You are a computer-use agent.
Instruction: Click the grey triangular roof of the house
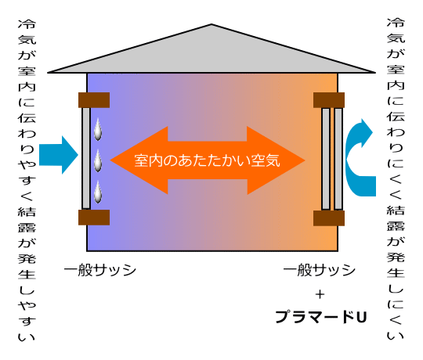[x=211, y=54]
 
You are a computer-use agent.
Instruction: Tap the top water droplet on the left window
[x=98, y=130]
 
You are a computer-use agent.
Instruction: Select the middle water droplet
[x=98, y=161]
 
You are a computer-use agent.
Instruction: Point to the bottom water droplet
[x=98, y=192]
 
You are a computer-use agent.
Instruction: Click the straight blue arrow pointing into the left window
[x=59, y=155]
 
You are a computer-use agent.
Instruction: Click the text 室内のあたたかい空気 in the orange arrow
[x=207, y=160]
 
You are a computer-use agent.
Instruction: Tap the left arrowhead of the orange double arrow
[x=139, y=160]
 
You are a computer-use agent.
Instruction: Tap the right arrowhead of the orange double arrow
[x=276, y=160]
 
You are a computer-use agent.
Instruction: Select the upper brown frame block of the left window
[x=94, y=100]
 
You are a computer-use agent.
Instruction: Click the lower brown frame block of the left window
[x=94, y=218]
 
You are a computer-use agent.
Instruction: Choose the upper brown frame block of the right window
[x=329, y=100]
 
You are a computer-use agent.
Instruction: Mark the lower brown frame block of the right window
[x=329, y=218]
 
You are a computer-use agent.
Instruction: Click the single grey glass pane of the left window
[x=86, y=158]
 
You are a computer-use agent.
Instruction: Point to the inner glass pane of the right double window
[x=326, y=159]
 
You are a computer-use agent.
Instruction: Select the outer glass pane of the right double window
[x=338, y=159]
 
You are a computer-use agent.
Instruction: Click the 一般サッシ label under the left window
[x=99, y=270]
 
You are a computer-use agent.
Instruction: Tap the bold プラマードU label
[x=321, y=317]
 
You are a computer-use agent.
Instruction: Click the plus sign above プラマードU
[x=320, y=294]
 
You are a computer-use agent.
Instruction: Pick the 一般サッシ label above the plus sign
[x=319, y=270]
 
